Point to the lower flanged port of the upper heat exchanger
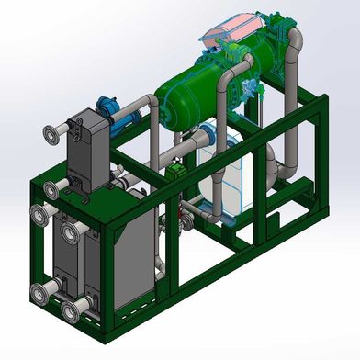pos(51,188)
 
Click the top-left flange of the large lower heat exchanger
pos(39,217)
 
